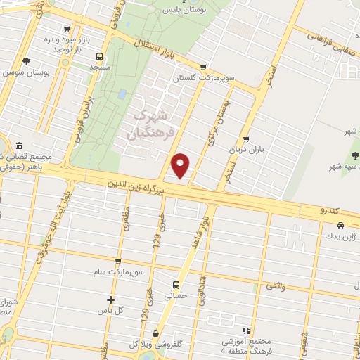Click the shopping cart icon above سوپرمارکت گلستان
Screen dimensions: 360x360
point(203,67)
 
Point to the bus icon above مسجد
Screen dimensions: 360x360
point(99,56)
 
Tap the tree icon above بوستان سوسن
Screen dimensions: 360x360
point(26,61)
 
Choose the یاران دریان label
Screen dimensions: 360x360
point(245,150)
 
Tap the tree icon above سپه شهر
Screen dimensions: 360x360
point(355,155)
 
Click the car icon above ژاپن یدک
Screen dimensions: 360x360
point(341,226)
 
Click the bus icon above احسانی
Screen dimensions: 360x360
point(176,285)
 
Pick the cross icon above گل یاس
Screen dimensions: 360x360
point(110,300)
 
